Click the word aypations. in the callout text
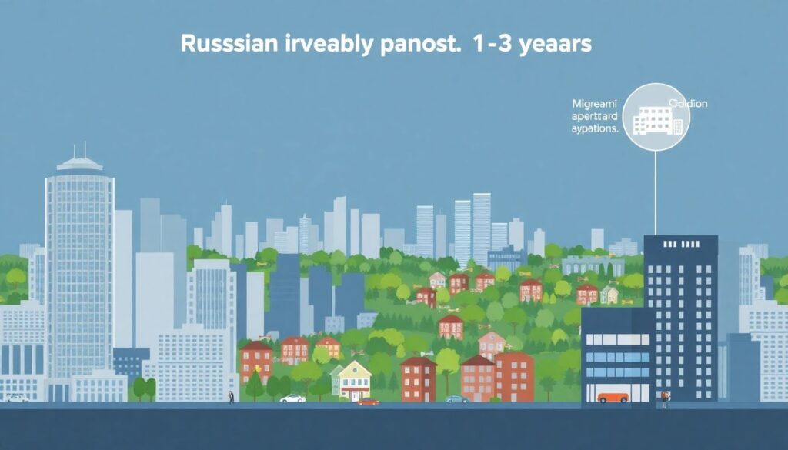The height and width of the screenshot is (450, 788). click(x=594, y=129)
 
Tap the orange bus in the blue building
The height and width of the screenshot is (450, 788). click(x=613, y=397)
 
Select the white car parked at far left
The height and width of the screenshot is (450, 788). click(x=17, y=398)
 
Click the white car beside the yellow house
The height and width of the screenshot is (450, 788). click(x=292, y=398)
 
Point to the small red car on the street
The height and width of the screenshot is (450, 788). click(x=369, y=401)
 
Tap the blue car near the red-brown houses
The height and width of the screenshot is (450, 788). click(x=457, y=399)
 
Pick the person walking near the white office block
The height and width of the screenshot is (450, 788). click(x=230, y=397)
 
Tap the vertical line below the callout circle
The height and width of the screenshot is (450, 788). click(x=656, y=192)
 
